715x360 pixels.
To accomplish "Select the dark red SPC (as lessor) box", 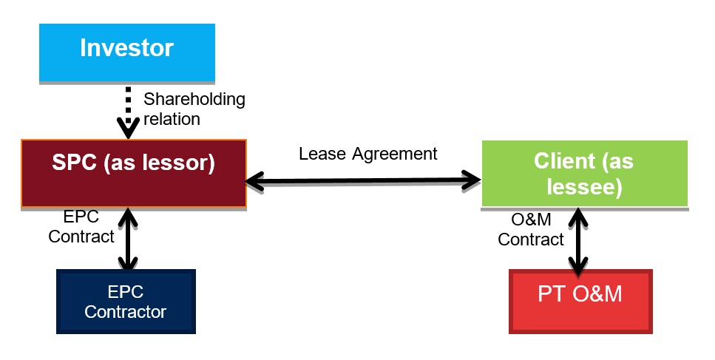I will tap(134, 172).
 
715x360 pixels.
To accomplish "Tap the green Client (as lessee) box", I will tap(584, 173).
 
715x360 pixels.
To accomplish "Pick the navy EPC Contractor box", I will tap(126, 301).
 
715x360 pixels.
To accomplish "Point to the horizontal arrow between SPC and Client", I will tap(362, 179).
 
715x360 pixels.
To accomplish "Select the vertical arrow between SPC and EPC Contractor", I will tap(129, 239).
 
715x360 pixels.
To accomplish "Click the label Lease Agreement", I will tap(368, 154).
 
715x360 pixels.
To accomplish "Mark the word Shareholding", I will tap(194, 99).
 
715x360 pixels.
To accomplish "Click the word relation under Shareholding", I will tap(171, 118).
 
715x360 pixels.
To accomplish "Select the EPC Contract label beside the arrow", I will tap(89, 227).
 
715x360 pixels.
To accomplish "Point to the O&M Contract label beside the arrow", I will tap(531, 230).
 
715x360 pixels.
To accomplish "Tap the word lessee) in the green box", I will tap(584, 187).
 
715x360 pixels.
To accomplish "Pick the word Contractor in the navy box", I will tap(126, 311).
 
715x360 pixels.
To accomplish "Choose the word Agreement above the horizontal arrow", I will tap(400, 154).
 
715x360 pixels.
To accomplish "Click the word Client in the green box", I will tap(562, 162).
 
